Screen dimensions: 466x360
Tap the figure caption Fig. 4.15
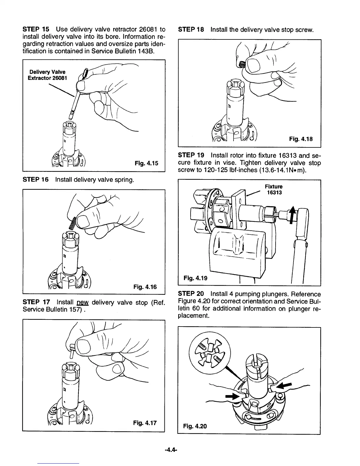(146, 163)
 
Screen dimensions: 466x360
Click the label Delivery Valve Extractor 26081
(47, 75)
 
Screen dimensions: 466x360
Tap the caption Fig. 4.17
(145, 423)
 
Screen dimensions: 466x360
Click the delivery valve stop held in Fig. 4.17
(72, 350)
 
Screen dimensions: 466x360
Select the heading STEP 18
(191, 29)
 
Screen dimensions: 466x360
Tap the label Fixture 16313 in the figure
(274, 189)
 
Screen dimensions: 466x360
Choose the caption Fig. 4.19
(195, 277)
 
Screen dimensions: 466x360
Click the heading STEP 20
(191, 294)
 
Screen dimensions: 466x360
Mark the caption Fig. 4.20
(195, 426)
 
